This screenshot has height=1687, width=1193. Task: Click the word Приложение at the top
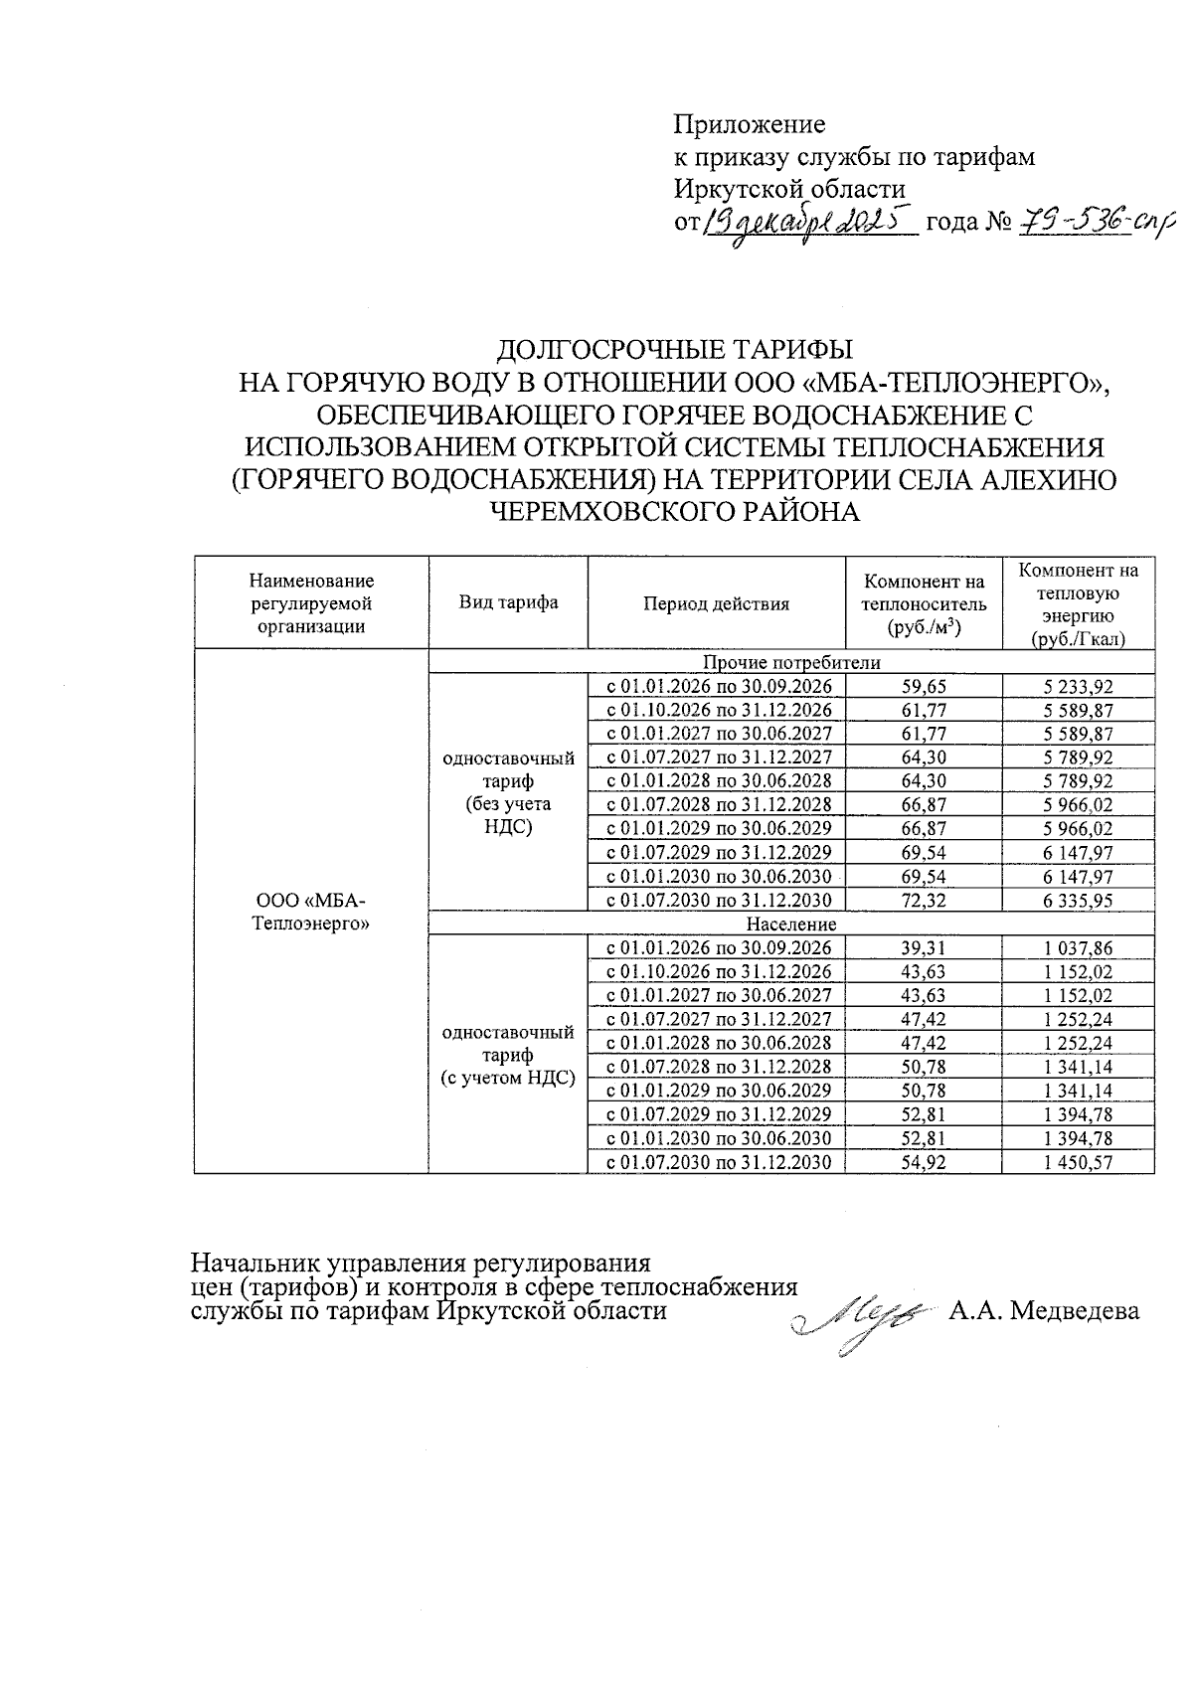click(x=750, y=125)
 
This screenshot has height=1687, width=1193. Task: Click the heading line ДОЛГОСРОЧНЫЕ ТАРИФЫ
click(x=674, y=350)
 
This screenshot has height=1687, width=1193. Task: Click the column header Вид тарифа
click(x=508, y=602)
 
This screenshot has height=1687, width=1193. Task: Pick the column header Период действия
click(x=716, y=603)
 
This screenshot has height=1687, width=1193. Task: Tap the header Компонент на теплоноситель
click(x=924, y=603)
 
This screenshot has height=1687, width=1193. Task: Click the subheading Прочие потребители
click(x=790, y=662)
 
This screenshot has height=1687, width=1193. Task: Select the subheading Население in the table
click(x=790, y=925)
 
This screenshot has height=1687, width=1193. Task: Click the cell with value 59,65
click(x=924, y=686)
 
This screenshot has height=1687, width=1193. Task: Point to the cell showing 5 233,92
click(x=1079, y=686)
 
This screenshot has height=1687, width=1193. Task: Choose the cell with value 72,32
click(x=924, y=901)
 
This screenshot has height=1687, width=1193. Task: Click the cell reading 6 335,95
click(x=1079, y=901)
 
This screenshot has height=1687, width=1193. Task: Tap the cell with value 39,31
click(x=924, y=948)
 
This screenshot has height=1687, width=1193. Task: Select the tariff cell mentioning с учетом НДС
click(x=508, y=1055)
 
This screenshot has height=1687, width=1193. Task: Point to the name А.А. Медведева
click(x=1043, y=1311)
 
